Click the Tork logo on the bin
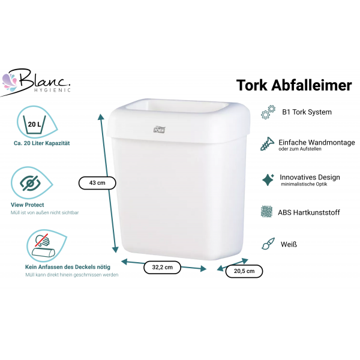point(159,130)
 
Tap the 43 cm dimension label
point(97,183)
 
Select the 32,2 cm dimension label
point(162,267)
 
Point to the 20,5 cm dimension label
point(244,271)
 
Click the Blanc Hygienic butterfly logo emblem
point(9,82)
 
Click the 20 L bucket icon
point(34,125)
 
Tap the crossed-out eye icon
point(30,183)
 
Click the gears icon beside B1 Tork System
point(268,112)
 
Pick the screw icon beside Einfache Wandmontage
point(267,144)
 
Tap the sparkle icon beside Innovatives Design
point(268,180)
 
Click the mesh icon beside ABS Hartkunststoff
point(266,211)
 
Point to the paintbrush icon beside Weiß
point(268,244)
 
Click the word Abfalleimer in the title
point(311,85)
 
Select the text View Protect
point(28,205)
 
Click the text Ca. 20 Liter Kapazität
point(42,143)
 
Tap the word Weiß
point(289,244)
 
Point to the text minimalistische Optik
point(304,184)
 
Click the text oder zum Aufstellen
point(300,149)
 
